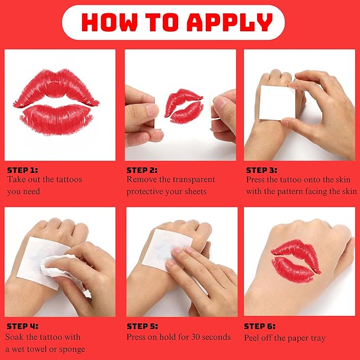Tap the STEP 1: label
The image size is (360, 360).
tap(22, 170)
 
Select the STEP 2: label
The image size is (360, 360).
tap(142, 170)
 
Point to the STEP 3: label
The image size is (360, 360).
tap(262, 170)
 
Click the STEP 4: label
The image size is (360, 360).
tap(22, 327)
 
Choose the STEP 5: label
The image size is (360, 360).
tap(142, 327)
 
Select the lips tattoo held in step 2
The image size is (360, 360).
tap(182, 103)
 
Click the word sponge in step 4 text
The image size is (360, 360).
tap(72, 349)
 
